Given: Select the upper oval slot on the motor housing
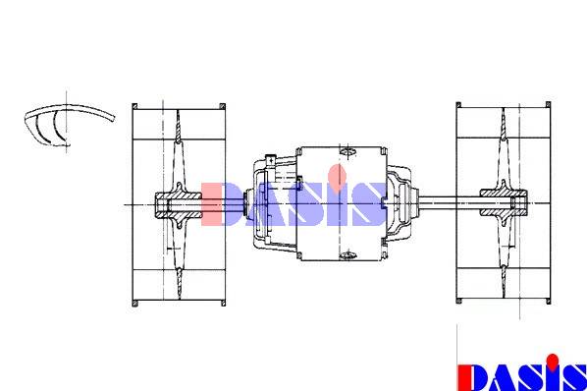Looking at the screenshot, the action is click(347, 151).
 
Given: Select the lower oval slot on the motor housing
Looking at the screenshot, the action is click(347, 255).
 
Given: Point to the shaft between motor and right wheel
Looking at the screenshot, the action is click(450, 203).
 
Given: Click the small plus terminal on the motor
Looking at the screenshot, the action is click(270, 160).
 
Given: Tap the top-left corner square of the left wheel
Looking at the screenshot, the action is click(134, 106).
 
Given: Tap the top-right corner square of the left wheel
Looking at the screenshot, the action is click(223, 106).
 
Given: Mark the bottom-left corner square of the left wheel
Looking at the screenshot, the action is click(134, 303).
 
